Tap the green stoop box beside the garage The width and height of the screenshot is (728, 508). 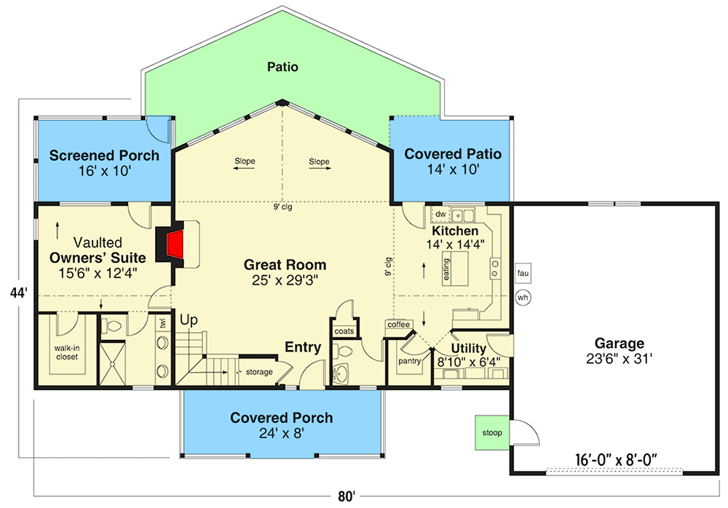(x=492, y=432)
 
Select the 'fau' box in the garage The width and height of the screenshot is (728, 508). (x=523, y=273)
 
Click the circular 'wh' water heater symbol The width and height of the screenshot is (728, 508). (x=523, y=297)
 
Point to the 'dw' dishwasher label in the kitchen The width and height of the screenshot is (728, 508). (x=440, y=214)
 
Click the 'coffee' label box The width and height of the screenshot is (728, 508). (x=398, y=324)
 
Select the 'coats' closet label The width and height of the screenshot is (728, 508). (x=344, y=331)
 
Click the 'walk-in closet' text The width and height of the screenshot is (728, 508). (x=66, y=352)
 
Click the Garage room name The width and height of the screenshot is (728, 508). (x=619, y=343)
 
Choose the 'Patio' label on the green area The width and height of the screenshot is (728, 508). (x=283, y=67)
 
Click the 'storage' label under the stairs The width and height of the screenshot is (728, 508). (x=258, y=372)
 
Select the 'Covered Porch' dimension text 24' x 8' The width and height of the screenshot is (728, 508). (x=281, y=434)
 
